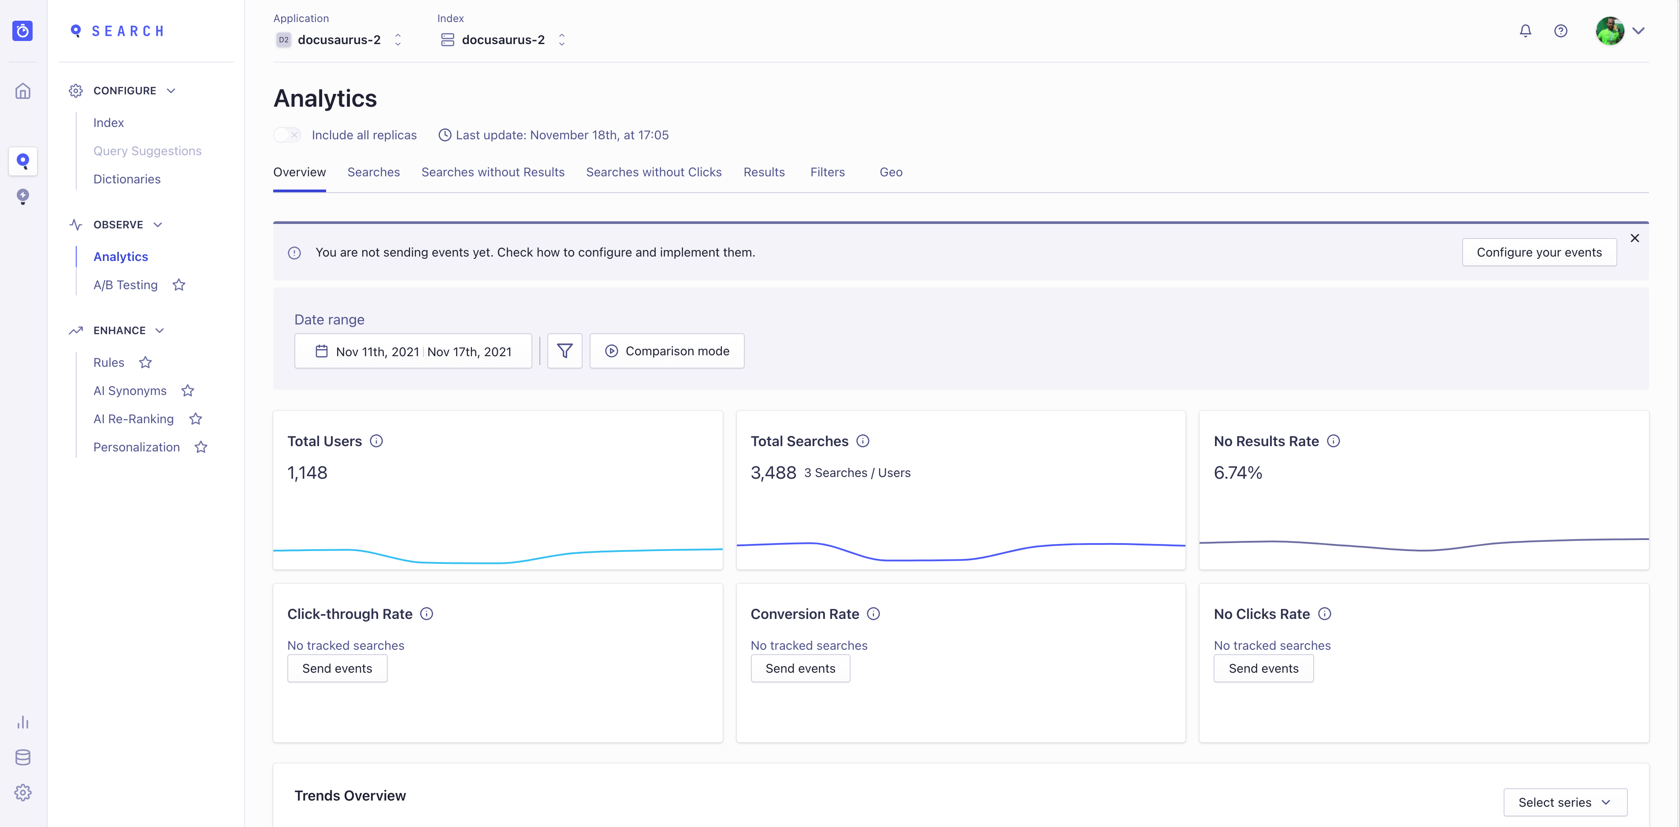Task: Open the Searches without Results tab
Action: point(493,172)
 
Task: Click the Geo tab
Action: point(890,172)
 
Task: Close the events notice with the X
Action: point(1634,238)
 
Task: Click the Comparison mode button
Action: point(667,351)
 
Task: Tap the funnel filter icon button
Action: point(565,351)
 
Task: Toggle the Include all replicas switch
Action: point(287,135)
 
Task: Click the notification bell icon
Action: point(1525,31)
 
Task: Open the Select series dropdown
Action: point(1564,802)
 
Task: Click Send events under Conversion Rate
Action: point(800,668)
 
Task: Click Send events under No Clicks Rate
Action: point(1263,668)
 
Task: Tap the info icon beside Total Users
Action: point(376,441)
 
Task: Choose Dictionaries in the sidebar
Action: point(126,179)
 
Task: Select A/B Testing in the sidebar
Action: point(125,285)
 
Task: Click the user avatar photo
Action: point(1609,31)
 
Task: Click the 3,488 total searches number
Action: point(773,473)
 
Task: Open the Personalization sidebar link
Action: point(136,447)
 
